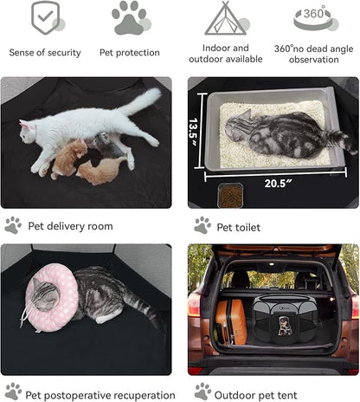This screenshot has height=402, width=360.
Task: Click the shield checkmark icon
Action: [x=46, y=17]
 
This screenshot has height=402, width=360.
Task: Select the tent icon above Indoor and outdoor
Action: [x=226, y=18]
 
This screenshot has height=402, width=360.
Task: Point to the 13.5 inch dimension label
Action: [x=193, y=132]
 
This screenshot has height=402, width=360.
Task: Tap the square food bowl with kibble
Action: [x=230, y=196]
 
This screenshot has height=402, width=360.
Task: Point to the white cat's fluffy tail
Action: [x=140, y=100]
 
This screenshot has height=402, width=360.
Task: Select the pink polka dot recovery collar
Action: [x=51, y=297]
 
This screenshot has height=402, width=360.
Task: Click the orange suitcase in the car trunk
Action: [x=230, y=321]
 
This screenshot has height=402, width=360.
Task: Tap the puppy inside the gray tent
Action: [x=285, y=326]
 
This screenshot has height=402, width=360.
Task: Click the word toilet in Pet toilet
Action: [x=247, y=228]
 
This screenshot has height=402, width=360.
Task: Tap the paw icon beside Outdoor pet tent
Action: [x=202, y=392]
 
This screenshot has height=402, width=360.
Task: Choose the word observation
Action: [x=314, y=60]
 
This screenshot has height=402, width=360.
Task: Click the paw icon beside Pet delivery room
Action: [x=13, y=225]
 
